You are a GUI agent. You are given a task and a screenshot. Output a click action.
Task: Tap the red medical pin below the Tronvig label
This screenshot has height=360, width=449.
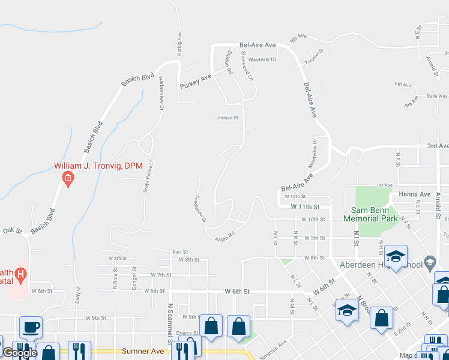68,178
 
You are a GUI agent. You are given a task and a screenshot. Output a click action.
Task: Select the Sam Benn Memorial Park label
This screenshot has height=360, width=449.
370,214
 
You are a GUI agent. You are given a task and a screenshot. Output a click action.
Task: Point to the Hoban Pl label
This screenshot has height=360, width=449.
228,118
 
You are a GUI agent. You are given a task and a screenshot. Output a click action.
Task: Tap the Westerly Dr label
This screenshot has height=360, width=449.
262,59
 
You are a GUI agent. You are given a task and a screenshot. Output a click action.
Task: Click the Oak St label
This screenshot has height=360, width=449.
11,230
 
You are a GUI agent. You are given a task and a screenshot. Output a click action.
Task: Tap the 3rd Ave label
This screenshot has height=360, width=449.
438,146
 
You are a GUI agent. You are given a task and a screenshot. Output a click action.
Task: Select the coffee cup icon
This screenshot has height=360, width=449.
31,328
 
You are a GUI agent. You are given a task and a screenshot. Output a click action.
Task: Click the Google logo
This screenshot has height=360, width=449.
20,353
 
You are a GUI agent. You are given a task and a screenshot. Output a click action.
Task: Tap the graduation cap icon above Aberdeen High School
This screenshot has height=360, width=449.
396,256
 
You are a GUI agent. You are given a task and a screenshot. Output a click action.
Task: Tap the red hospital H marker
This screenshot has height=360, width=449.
22,275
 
